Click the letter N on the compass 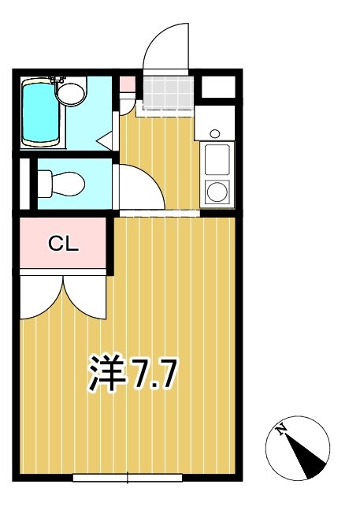pyautogui.click(x=280, y=430)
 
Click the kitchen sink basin pyautogui.click(x=217, y=160)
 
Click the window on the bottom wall pyautogui.click(x=128, y=477)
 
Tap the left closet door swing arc pyautogui.click(x=39, y=296)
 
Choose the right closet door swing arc pyautogui.click(x=85, y=296)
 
